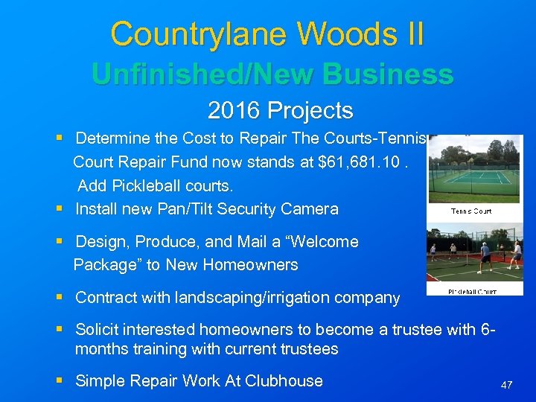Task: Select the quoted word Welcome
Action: (x=323, y=242)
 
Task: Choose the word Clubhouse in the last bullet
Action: (x=285, y=381)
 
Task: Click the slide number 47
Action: (x=507, y=385)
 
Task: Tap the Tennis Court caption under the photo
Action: (x=472, y=211)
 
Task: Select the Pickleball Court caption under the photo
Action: (x=473, y=291)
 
